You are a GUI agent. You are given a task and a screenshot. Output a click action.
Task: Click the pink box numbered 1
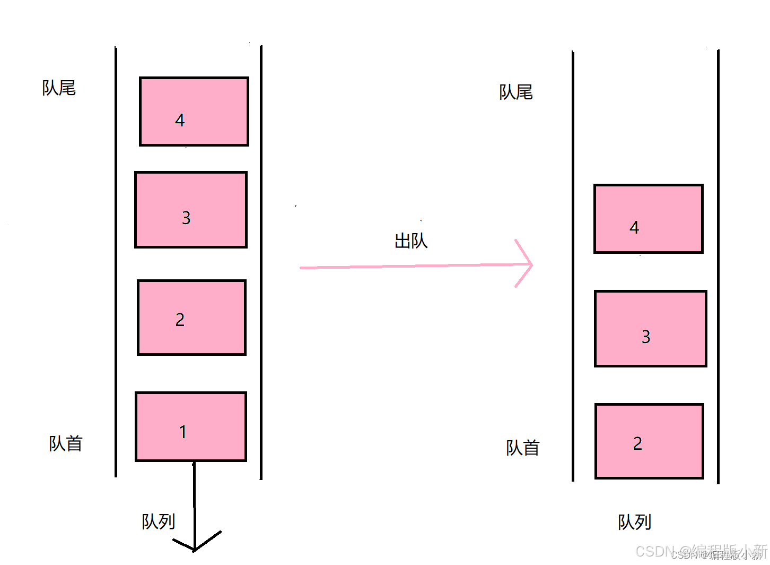pos(191,426)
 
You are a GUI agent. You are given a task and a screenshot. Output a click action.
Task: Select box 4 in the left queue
pos(194,112)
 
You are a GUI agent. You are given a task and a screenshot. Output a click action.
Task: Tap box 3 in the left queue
pos(191,210)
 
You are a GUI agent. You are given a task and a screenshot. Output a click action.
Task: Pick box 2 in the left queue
pos(191,318)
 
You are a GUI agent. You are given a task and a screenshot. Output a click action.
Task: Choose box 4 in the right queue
pos(649,219)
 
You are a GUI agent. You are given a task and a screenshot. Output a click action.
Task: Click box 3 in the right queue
pos(651,329)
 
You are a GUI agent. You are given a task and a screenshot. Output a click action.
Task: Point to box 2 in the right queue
pos(649,441)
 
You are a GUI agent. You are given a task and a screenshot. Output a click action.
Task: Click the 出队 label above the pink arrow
pos(411,241)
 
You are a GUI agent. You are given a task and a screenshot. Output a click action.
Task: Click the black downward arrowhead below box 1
pos(195,544)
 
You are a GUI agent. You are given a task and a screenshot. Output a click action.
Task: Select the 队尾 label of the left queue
pos(59,88)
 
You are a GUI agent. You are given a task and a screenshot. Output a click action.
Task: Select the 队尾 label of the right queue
pos(515,92)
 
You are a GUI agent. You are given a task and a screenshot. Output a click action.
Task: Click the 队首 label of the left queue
pos(66,443)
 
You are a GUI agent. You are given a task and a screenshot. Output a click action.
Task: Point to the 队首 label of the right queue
pos(522,448)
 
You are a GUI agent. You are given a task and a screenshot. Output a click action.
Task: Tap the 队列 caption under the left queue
pos(158,521)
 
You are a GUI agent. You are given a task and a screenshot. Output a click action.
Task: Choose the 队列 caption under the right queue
pos(634,522)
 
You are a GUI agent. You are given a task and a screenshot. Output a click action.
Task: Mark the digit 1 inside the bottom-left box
pos(183,432)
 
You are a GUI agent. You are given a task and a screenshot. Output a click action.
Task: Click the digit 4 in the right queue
pos(634,228)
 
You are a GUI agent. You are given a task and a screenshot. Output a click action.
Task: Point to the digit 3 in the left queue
pos(186,218)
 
